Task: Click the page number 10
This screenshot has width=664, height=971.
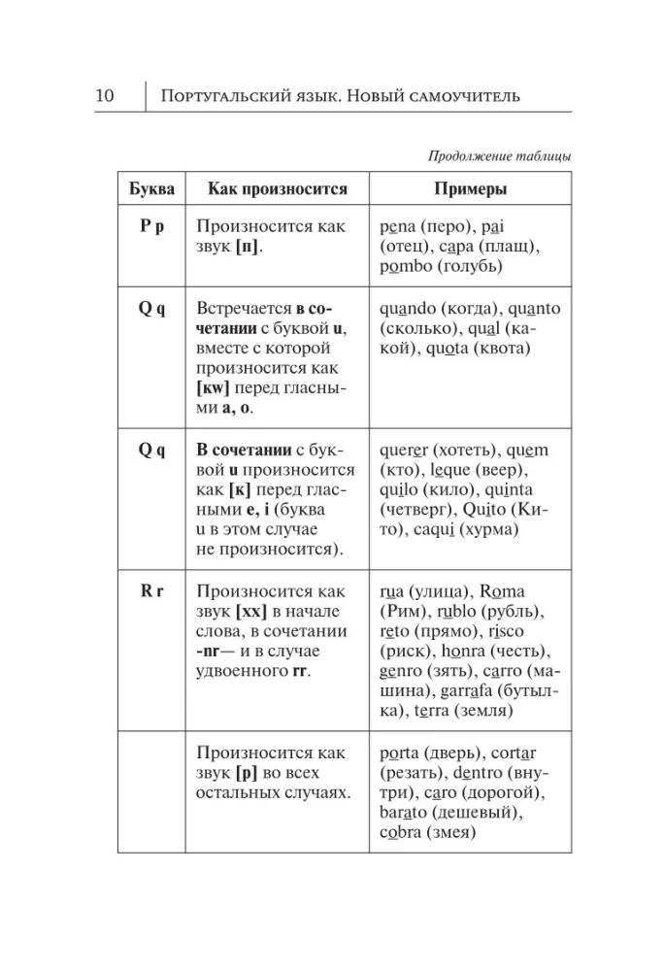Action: [106, 95]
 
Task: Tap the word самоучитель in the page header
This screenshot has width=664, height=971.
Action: [462, 95]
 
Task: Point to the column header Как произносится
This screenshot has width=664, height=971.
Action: [271, 188]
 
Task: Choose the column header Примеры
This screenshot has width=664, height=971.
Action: [471, 188]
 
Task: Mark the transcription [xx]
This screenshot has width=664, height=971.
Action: [252, 611]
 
